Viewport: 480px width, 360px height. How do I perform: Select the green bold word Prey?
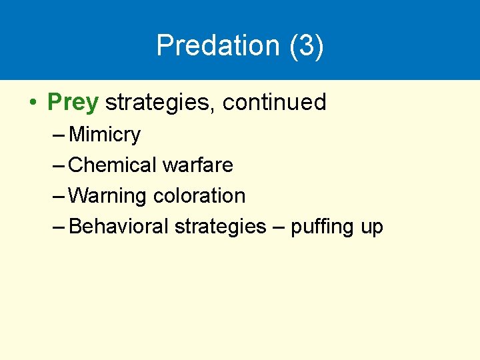coord(73,103)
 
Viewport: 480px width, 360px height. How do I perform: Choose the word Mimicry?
coord(105,135)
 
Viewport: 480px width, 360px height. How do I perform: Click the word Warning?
coord(108,196)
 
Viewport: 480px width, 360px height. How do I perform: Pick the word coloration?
coord(199,196)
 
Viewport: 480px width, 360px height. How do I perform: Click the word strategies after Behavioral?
coord(220,227)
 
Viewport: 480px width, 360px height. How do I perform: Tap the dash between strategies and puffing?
coord(279,227)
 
